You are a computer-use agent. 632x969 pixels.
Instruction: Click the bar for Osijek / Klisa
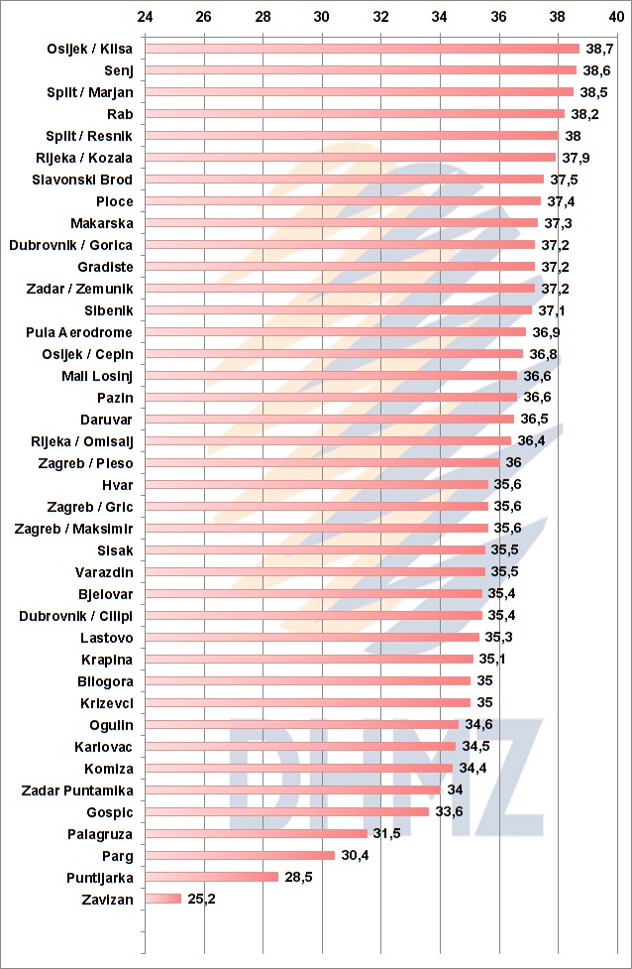(362, 49)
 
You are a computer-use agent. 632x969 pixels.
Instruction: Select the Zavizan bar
(163, 900)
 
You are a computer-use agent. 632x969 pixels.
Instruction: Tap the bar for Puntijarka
(212, 878)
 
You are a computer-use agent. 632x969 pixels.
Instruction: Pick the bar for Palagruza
(257, 834)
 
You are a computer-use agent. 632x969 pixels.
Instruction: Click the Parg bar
(240, 856)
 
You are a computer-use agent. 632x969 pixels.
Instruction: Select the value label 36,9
(545, 332)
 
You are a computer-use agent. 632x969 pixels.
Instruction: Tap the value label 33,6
(449, 812)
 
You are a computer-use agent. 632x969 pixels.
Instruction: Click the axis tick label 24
(145, 17)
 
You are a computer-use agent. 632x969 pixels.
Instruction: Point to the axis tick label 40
(616, 17)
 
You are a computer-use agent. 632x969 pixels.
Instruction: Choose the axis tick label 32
(380, 17)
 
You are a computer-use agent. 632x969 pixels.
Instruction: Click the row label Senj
(118, 70)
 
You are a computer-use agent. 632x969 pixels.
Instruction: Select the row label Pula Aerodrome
(79, 332)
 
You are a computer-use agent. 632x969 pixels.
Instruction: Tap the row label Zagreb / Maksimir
(74, 529)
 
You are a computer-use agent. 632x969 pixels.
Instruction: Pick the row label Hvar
(117, 485)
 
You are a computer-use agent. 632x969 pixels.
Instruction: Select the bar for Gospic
(286, 812)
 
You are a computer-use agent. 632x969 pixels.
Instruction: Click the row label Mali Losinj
(97, 376)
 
